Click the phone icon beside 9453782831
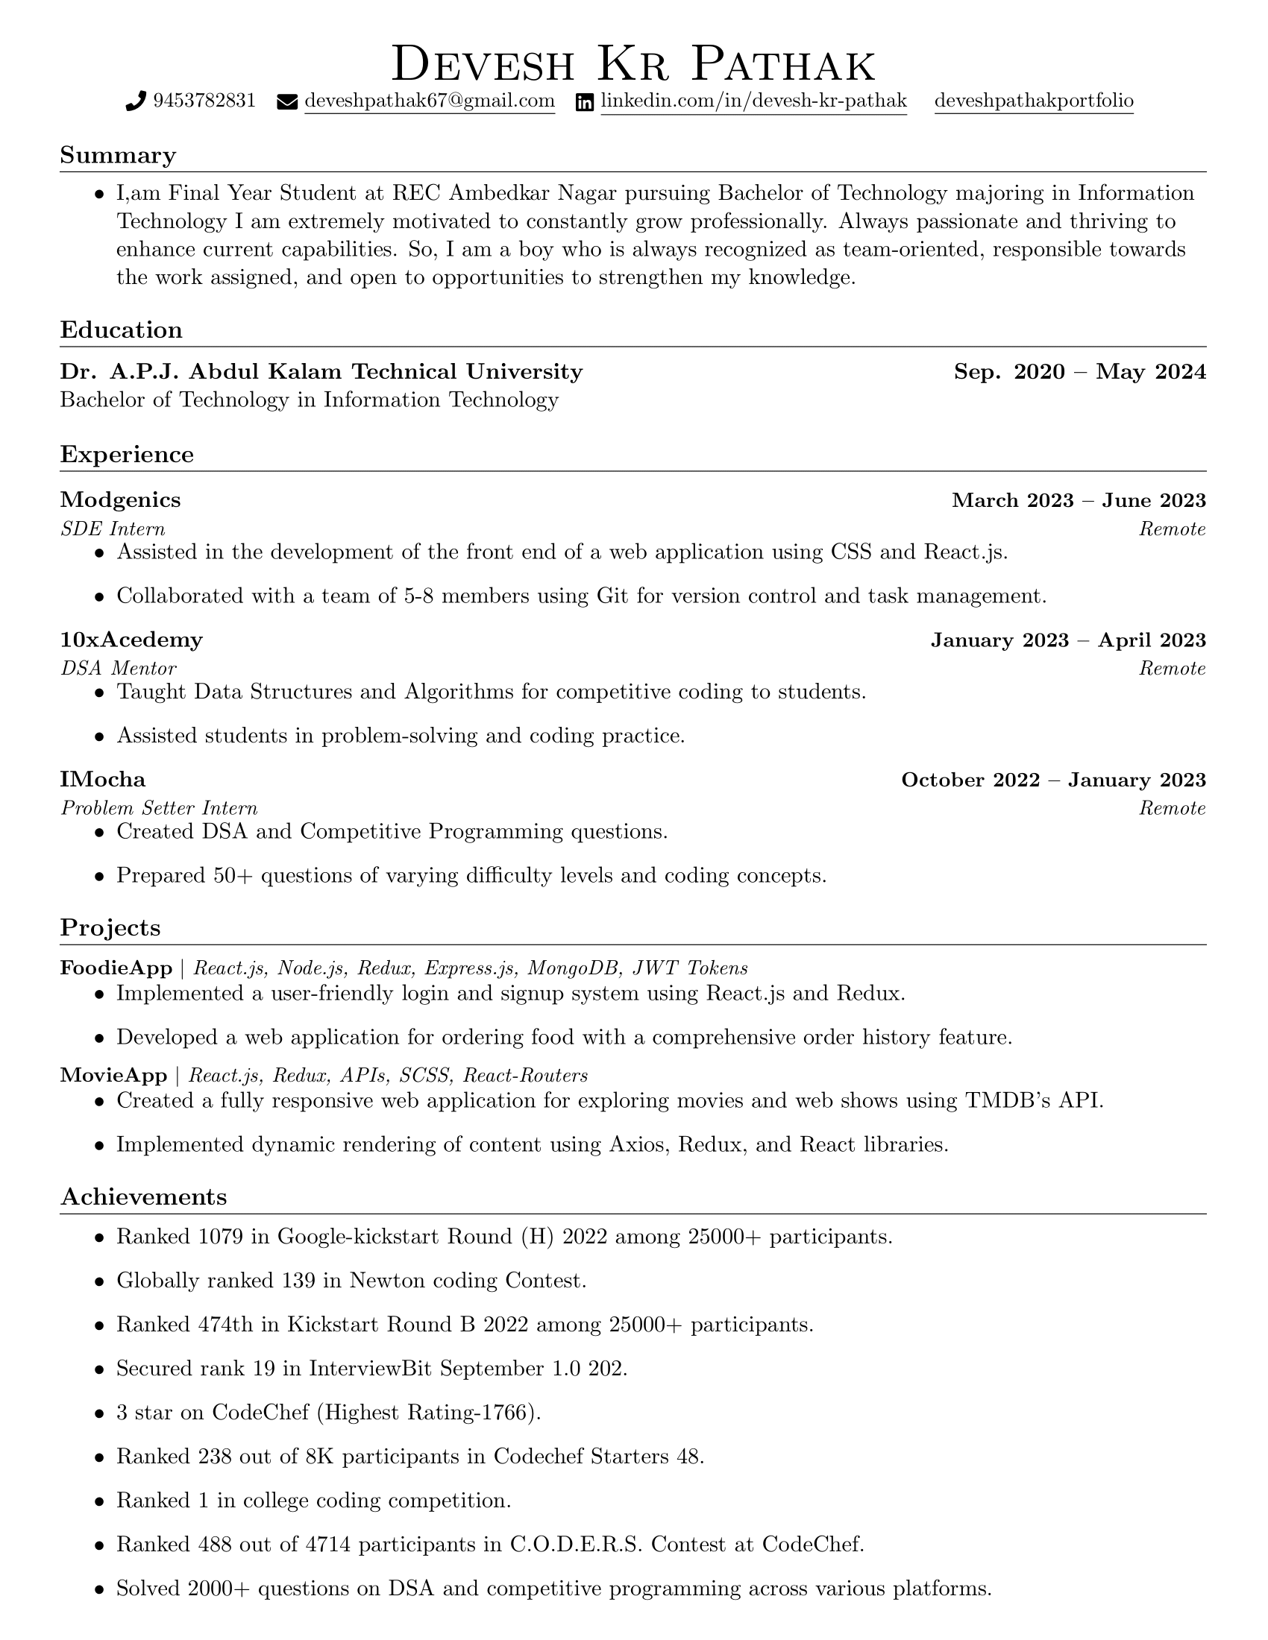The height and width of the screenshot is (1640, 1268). [x=136, y=101]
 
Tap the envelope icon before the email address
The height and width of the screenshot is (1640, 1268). [x=287, y=102]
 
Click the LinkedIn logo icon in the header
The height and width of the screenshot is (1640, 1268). [x=585, y=102]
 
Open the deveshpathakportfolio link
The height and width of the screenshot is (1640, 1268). [x=1034, y=101]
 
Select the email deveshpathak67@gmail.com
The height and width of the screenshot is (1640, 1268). [x=429, y=101]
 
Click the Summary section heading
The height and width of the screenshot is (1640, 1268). [x=118, y=156]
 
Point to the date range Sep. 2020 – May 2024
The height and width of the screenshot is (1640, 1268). [x=1079, y=372]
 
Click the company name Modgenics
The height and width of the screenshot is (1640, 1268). [x=120, y=500]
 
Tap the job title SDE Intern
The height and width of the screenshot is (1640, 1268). [x=113, y=529]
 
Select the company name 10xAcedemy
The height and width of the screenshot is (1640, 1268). [x=131, y=640]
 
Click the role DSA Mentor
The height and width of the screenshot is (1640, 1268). [x=119, y=669]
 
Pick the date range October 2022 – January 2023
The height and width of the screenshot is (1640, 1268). [x=1053, y=780]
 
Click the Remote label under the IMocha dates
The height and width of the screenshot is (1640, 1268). [x=1172, y=809]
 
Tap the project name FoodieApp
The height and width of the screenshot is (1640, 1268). [x=116, y=968]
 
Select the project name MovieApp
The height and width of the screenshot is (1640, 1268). [x=113, y=1075]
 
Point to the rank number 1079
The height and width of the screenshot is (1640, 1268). [x=221, y=1237]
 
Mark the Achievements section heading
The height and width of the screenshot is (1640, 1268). [x=143, y=1196]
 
